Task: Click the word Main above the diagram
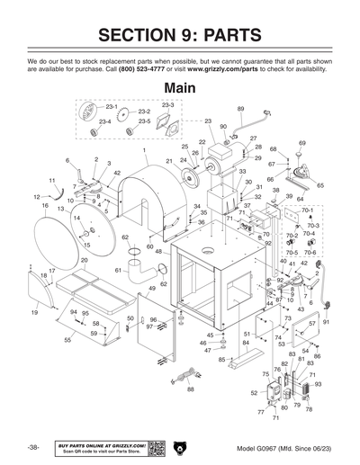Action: click(x=179, y=89)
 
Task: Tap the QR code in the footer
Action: click(x=155, y=447)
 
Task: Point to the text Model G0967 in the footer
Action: click(x=257, y=448)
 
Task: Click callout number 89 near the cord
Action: click(x=240, y=109)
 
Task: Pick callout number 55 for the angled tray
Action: click(x=67, y=341)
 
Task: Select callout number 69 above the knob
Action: click(x=301, y=143)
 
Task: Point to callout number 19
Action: click(x=34, y=312)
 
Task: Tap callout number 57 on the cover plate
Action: click(x=312, y=323)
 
